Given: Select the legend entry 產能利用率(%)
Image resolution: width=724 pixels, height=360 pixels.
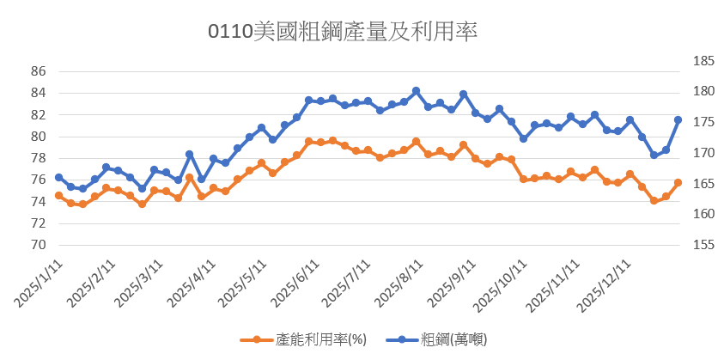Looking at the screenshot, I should point(307,339).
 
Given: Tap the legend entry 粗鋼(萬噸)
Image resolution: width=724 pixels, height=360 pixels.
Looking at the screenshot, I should point(450,339).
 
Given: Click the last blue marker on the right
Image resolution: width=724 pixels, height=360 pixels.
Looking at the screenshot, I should point(678,120).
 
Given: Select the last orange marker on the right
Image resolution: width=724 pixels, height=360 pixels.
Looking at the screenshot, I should point(678,182).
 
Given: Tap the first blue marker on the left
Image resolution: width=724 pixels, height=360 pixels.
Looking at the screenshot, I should point(58,178).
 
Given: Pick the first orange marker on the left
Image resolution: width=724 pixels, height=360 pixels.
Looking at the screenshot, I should point(58,196).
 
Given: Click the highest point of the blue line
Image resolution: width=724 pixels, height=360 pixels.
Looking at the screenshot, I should point(416,91).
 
